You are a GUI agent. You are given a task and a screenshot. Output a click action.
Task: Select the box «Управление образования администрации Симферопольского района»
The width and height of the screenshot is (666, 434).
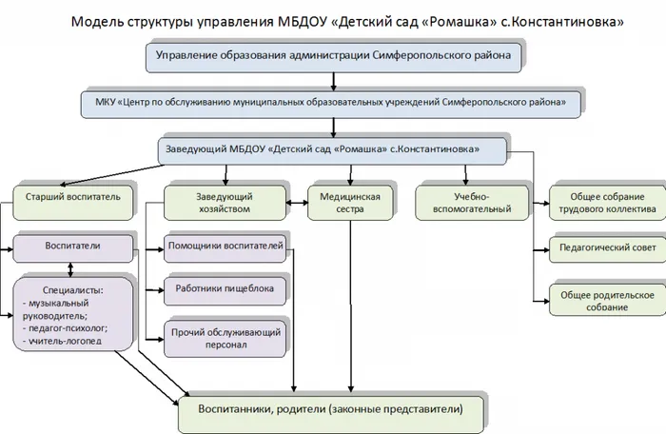(334, 57)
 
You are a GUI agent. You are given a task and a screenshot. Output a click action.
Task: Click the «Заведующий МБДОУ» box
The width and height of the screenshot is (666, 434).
(332, 149)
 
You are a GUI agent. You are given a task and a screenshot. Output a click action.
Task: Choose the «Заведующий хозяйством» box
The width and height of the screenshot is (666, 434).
(224, 202)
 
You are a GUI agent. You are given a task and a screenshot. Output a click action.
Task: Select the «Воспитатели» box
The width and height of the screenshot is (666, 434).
(72, 246)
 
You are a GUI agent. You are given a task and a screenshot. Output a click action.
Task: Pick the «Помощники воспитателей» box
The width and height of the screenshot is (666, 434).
(225, 247)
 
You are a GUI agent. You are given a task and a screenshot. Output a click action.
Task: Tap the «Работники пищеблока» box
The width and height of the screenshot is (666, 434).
(225, 286)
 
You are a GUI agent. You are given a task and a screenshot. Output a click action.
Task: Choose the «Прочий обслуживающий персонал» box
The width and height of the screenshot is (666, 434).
(225, 337)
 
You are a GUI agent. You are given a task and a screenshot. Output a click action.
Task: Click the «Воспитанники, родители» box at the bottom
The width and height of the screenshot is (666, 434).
(330, 409)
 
